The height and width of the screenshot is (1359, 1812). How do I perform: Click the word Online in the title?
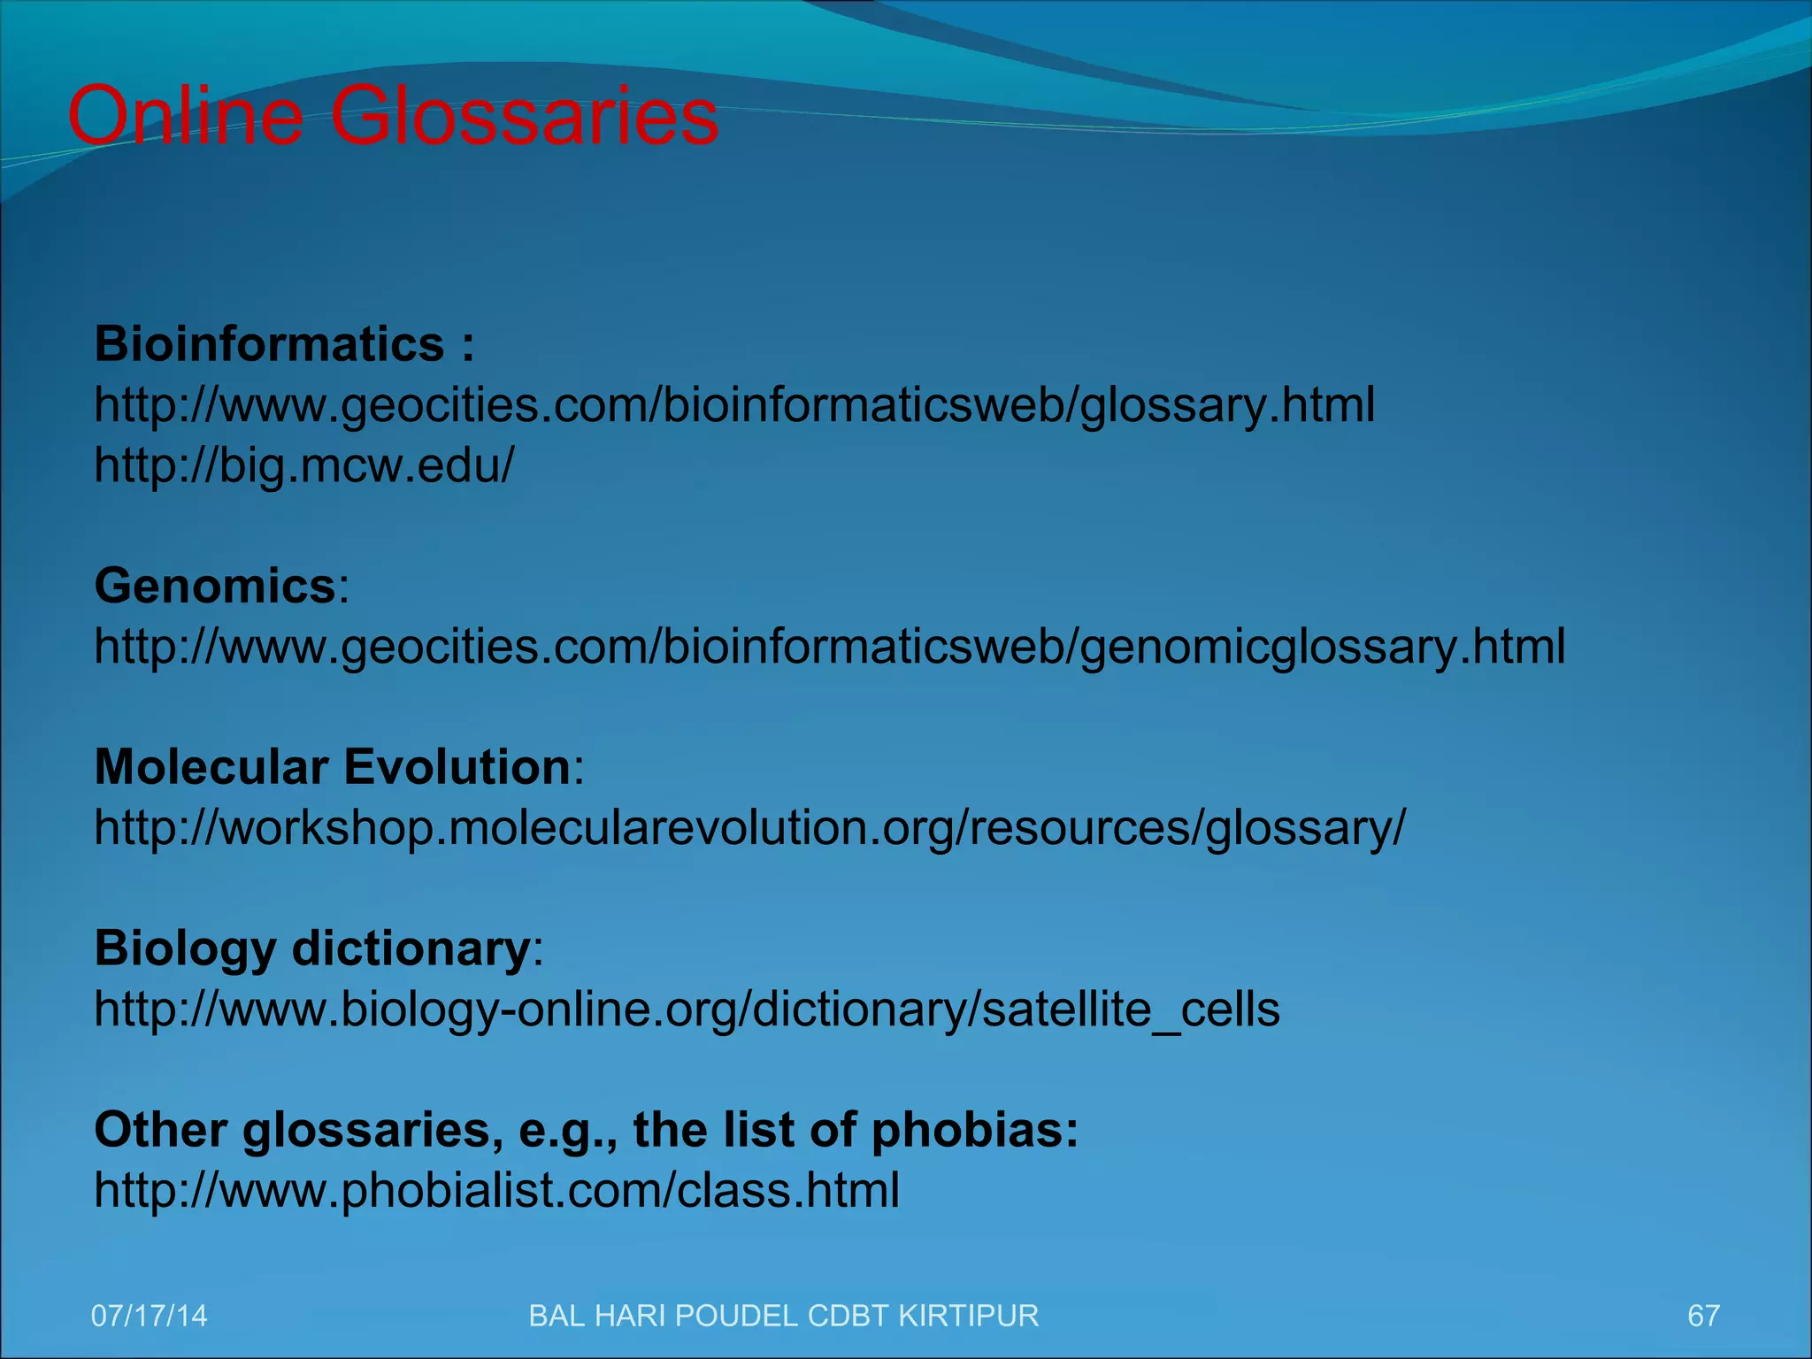pos(185,116)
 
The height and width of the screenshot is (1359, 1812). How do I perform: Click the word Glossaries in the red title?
pos(524,116)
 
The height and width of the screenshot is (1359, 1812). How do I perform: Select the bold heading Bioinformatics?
pos(269,344)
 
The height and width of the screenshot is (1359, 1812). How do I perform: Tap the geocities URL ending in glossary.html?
pos(734,405)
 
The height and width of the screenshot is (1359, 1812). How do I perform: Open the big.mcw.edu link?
pos(303,465)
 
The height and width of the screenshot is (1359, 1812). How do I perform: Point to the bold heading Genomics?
pos(215,586)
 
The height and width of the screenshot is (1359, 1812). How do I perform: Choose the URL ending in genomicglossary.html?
pos(829,647)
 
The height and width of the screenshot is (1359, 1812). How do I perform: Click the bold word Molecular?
pos(211,766)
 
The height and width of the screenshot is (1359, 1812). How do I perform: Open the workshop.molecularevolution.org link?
pos(749,828)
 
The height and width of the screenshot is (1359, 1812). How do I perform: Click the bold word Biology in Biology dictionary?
pos(185,949)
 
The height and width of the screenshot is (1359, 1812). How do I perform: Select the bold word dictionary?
pos(411,949)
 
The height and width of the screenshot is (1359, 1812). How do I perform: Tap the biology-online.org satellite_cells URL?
pos(687,1010)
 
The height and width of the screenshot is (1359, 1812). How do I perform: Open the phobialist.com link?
pos(496,1191)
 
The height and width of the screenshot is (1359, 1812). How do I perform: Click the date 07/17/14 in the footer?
pos(150,1316)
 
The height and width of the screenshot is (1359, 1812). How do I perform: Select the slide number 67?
pos(1703,1316)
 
